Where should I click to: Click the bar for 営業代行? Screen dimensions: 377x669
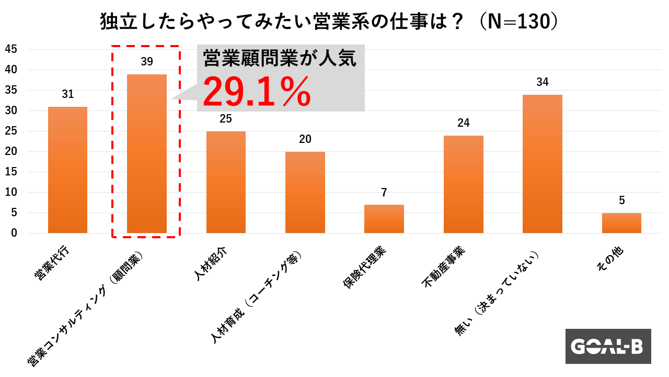67,170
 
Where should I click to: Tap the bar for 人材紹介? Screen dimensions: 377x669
226,182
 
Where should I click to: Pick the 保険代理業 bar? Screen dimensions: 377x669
384,219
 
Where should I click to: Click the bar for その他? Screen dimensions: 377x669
621,223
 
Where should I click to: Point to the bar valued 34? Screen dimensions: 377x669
543,163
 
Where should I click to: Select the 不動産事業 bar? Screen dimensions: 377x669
464,184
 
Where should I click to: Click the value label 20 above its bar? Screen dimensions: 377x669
305,139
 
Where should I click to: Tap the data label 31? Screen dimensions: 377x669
67,94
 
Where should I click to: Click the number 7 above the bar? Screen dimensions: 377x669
384,192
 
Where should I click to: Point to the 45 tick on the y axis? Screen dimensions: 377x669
11,49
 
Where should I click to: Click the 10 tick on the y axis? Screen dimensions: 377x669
11,192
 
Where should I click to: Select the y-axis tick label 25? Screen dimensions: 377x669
11,131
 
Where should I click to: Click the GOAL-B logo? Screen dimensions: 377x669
608,346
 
